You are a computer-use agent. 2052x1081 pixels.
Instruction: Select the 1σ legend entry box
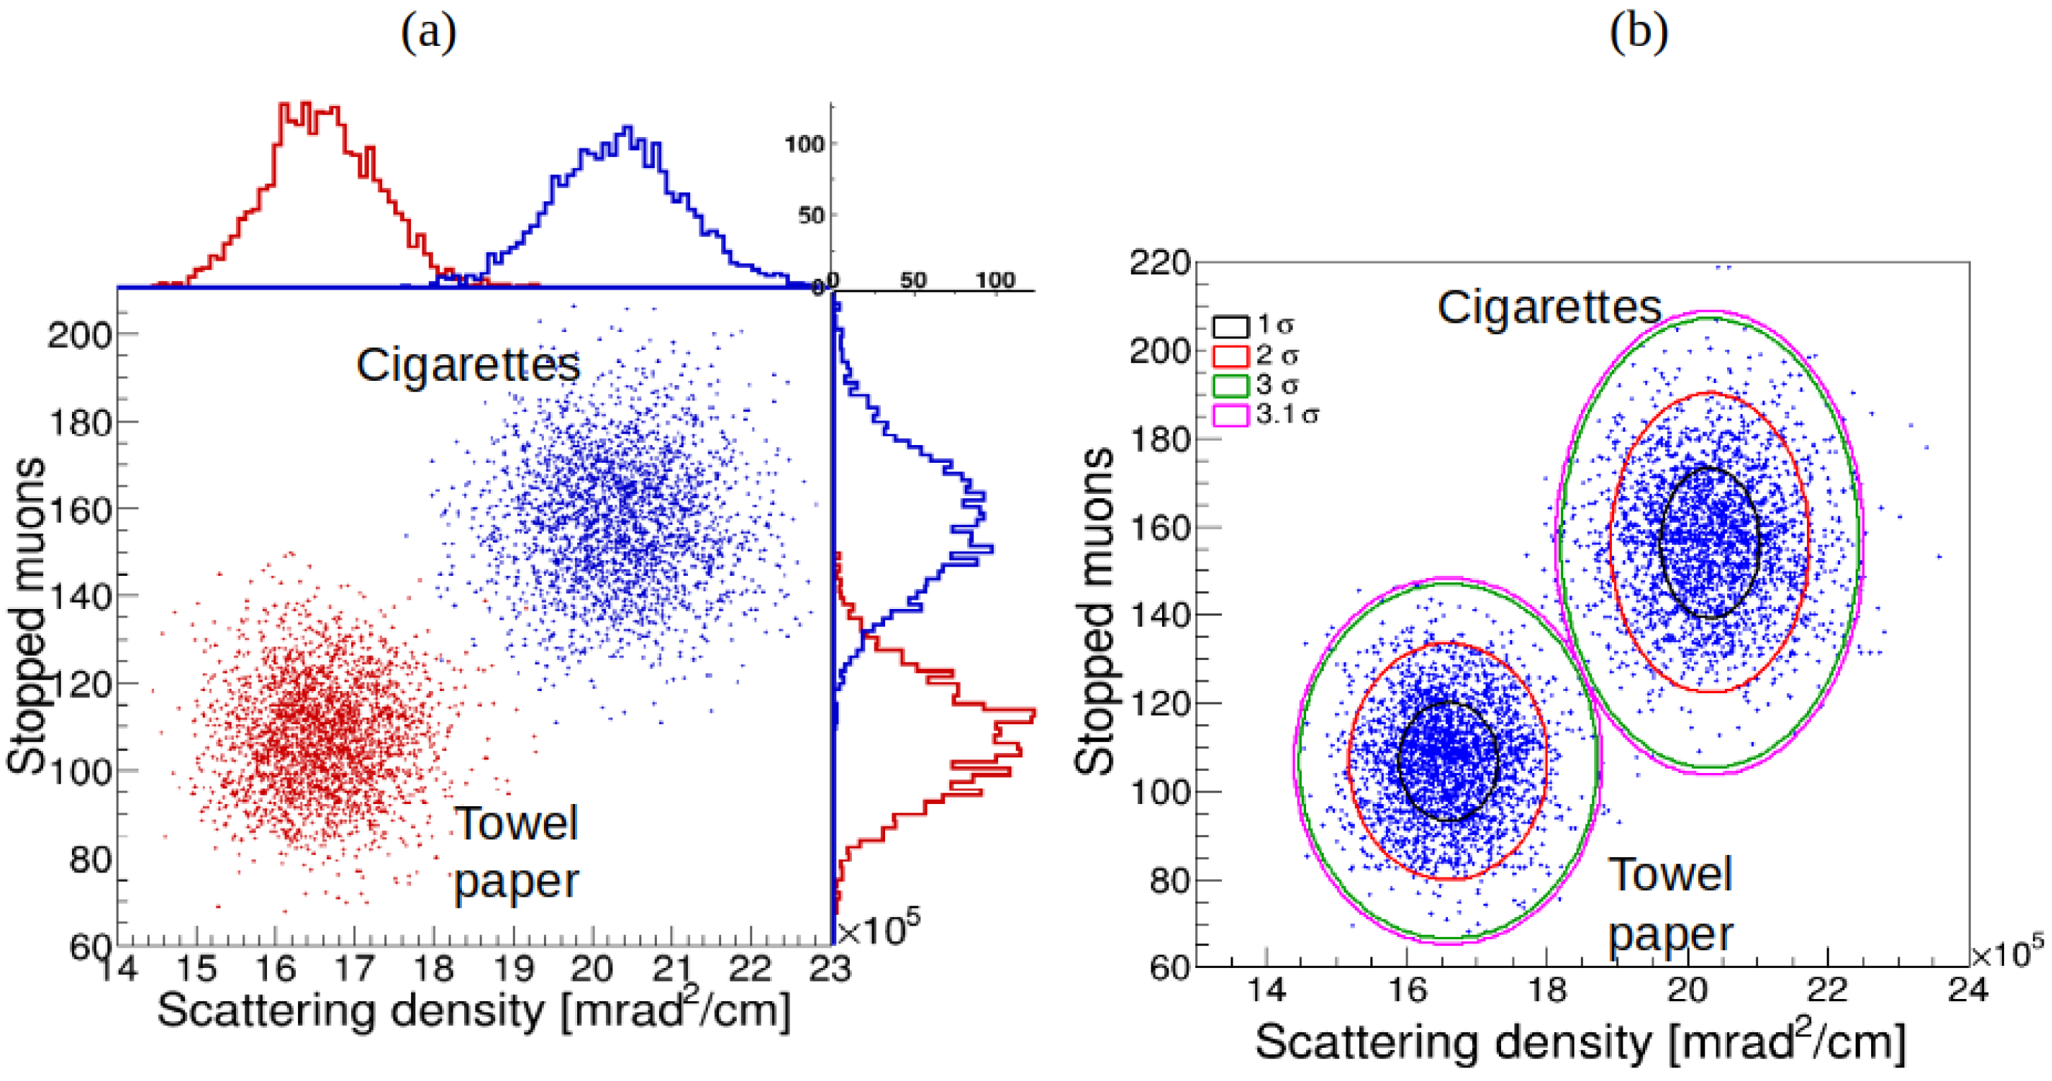[1230, 326]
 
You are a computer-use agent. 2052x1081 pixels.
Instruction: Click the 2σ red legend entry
[1230, 355]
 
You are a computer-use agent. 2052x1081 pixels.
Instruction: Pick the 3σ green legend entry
[1230, 386]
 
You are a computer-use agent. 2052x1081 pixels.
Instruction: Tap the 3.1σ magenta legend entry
[1230, 415]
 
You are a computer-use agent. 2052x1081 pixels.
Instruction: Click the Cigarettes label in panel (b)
[1549, 307]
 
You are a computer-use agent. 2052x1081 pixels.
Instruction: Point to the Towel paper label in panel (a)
[516, 852]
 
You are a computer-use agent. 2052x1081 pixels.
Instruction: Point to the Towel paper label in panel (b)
[1671, 904]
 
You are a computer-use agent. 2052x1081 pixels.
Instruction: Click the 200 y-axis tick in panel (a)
[80, 335]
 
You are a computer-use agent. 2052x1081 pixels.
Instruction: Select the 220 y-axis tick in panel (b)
[1160, 263]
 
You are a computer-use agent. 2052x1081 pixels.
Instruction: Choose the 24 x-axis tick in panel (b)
[1967, 990]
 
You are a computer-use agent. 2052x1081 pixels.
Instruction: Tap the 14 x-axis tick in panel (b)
[1266, 990]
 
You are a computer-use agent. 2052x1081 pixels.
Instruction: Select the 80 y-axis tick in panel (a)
[89, 858]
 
